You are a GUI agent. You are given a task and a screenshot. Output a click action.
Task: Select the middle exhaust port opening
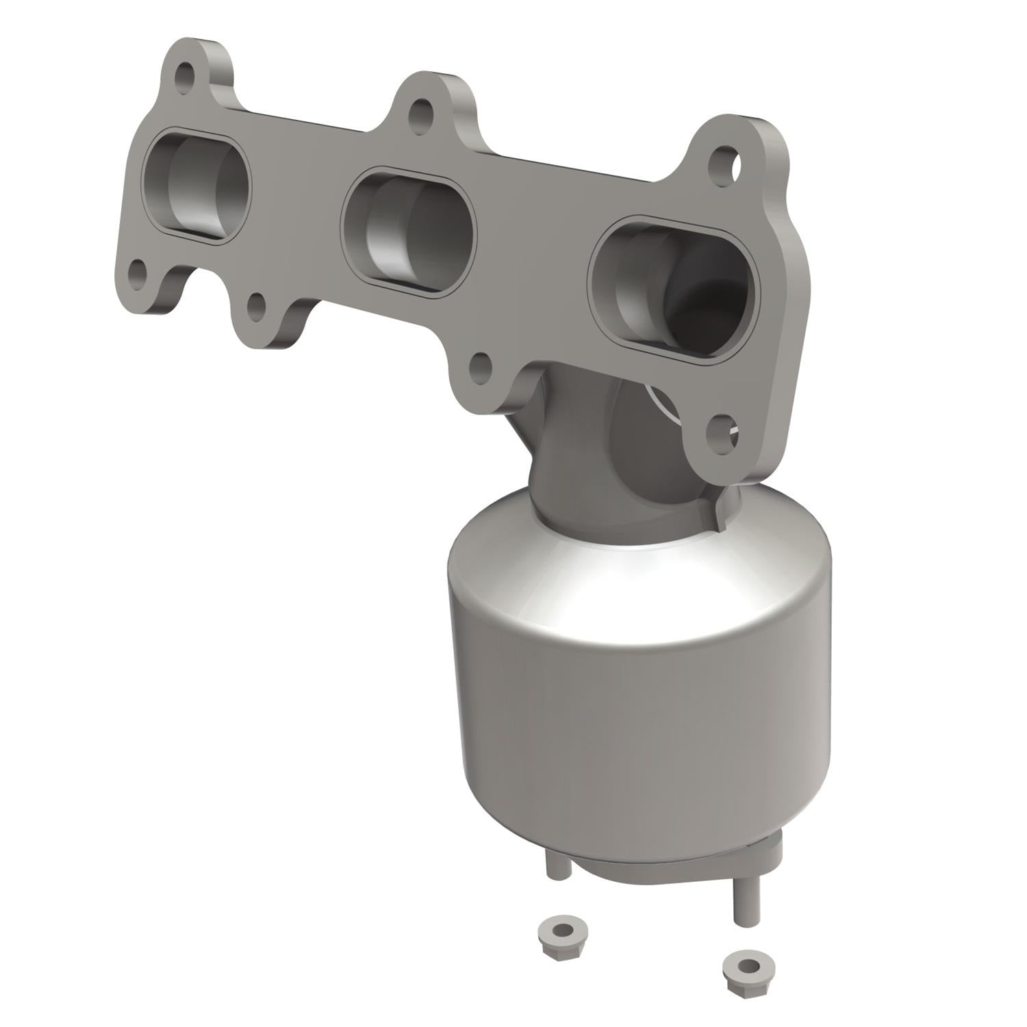[407, 231]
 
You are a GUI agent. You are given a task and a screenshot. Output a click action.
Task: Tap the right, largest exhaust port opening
[674, 288]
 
